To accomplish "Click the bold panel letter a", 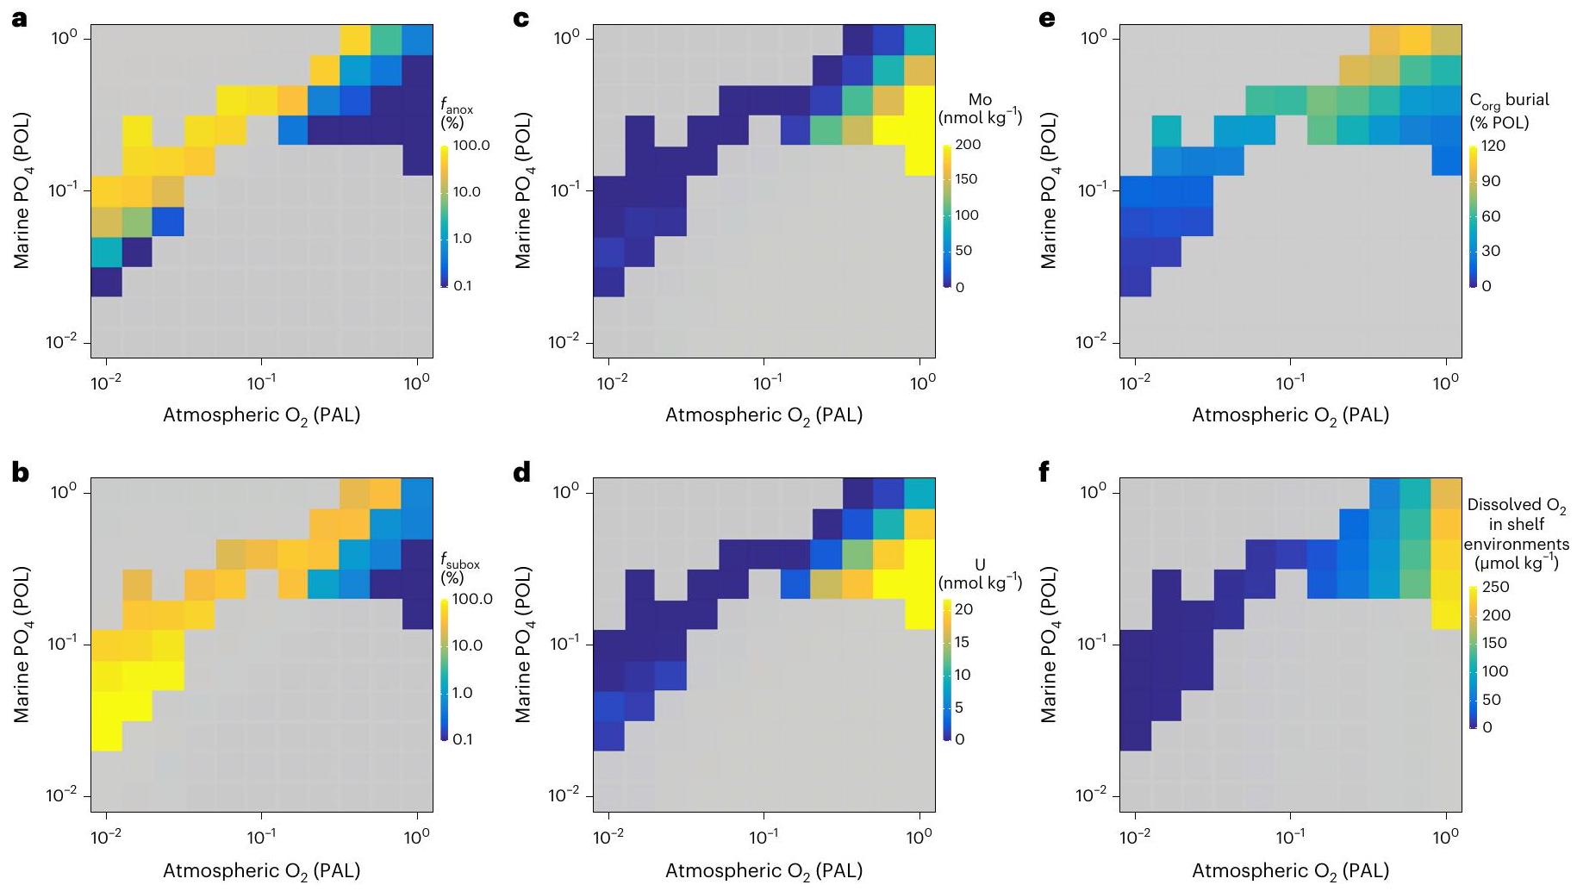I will [19, 17].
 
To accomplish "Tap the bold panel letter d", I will [521, 472].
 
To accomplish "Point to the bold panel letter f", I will [1046, 472].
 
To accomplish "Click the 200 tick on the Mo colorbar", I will [968, 145].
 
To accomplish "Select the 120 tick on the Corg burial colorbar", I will [1493, 146].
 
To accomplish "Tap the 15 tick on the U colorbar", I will [963, 642].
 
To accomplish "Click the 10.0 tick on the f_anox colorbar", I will [466, 191].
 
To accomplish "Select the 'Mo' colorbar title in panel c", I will [980, 100].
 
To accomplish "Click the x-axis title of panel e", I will [1290, 415].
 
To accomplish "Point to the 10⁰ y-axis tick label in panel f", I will [1094, 492].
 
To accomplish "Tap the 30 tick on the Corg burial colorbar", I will [1491, 251].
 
